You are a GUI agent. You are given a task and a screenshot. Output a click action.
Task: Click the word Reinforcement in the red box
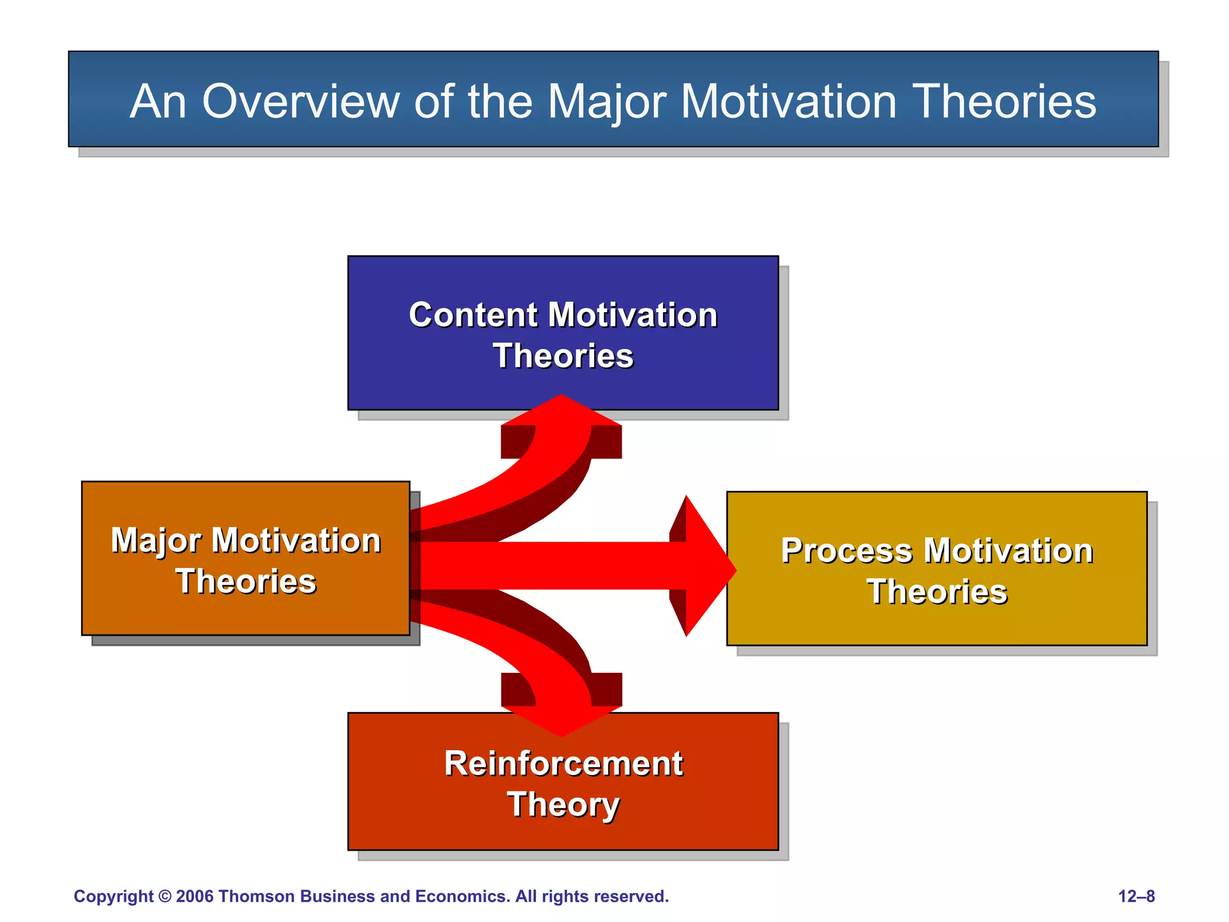coord(563,764)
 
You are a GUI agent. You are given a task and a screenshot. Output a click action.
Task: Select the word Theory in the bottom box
coord(563,805)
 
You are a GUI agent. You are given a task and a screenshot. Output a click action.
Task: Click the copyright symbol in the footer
coord(165,896)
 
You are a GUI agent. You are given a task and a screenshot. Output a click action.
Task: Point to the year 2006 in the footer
coord(195,896)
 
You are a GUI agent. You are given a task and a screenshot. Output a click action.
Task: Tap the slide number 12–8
coord(1136,896)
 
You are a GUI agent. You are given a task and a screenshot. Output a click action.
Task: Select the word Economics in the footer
coord(462,896)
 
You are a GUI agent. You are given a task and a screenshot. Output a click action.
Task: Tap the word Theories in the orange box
coord(246,582)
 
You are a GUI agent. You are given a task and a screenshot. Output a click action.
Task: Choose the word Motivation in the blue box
coord(633,315)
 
